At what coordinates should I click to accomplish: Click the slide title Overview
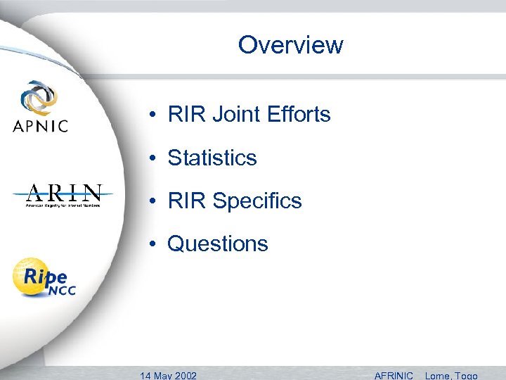[x=290, y=45]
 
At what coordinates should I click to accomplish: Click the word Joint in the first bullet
[x=233, y=114]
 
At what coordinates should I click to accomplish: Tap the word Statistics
[x=212, y=158]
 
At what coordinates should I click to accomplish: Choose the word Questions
[x=218, y=244]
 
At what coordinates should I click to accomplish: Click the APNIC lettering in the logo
[x=41, y=126]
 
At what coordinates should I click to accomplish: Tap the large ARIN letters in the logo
[x=63, y=192]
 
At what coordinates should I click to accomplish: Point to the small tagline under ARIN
[x=63, y=205]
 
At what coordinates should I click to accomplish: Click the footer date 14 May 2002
[x=169, y=375]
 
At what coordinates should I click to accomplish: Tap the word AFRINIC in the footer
[x=394, y=375]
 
